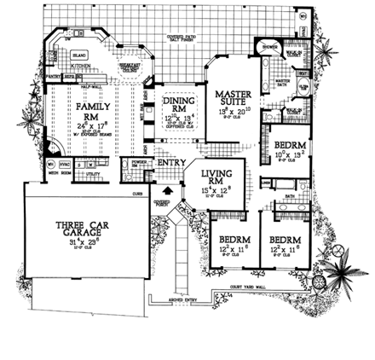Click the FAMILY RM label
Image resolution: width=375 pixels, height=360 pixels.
point(88,109)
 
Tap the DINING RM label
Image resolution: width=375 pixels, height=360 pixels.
point(177,103)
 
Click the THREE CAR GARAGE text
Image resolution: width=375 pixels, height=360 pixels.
point(79,228)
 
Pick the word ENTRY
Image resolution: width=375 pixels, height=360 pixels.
point(171,161)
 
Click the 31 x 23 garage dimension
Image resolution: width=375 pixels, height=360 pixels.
point(79,241)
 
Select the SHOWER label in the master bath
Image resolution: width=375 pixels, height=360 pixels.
point(272,47)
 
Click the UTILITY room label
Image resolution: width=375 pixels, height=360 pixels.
point(93,171)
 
